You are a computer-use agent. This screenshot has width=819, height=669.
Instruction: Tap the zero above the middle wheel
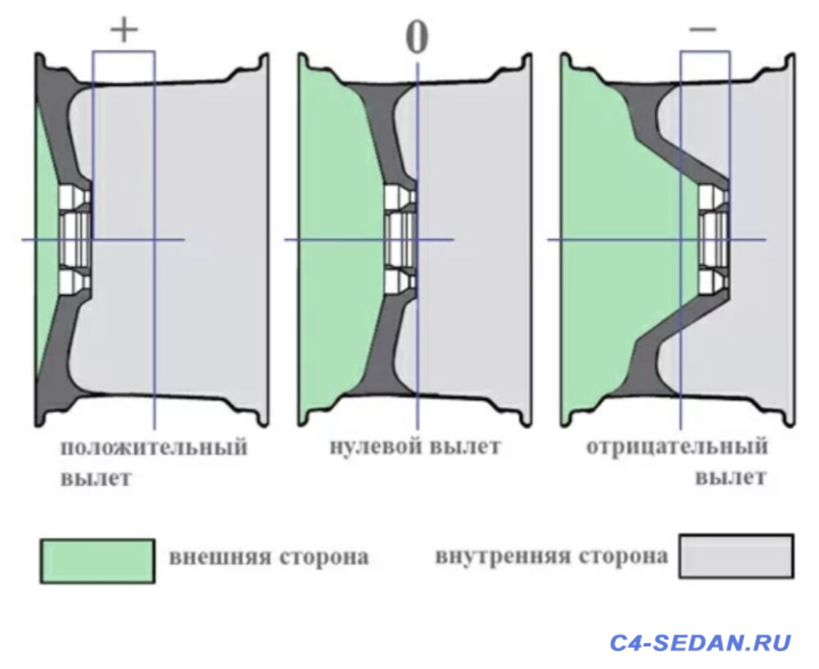[416, 38]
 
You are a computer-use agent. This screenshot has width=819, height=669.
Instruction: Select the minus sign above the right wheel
[703, 30]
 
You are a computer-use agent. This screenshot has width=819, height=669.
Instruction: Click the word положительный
[154, 447]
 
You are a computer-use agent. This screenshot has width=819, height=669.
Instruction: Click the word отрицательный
[677, 446]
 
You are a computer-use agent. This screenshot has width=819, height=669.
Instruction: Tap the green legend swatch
[98, 561]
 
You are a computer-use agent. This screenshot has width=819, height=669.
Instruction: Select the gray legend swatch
[735, 556]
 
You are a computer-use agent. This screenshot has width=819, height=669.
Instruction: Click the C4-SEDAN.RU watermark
[700, 643]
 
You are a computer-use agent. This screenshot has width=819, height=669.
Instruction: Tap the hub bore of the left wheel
[73, 239]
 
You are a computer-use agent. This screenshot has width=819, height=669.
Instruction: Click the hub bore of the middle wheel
[399, 239]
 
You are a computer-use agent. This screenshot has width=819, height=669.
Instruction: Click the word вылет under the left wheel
[96, 480]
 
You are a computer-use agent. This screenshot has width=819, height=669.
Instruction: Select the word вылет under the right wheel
[730, 478]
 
